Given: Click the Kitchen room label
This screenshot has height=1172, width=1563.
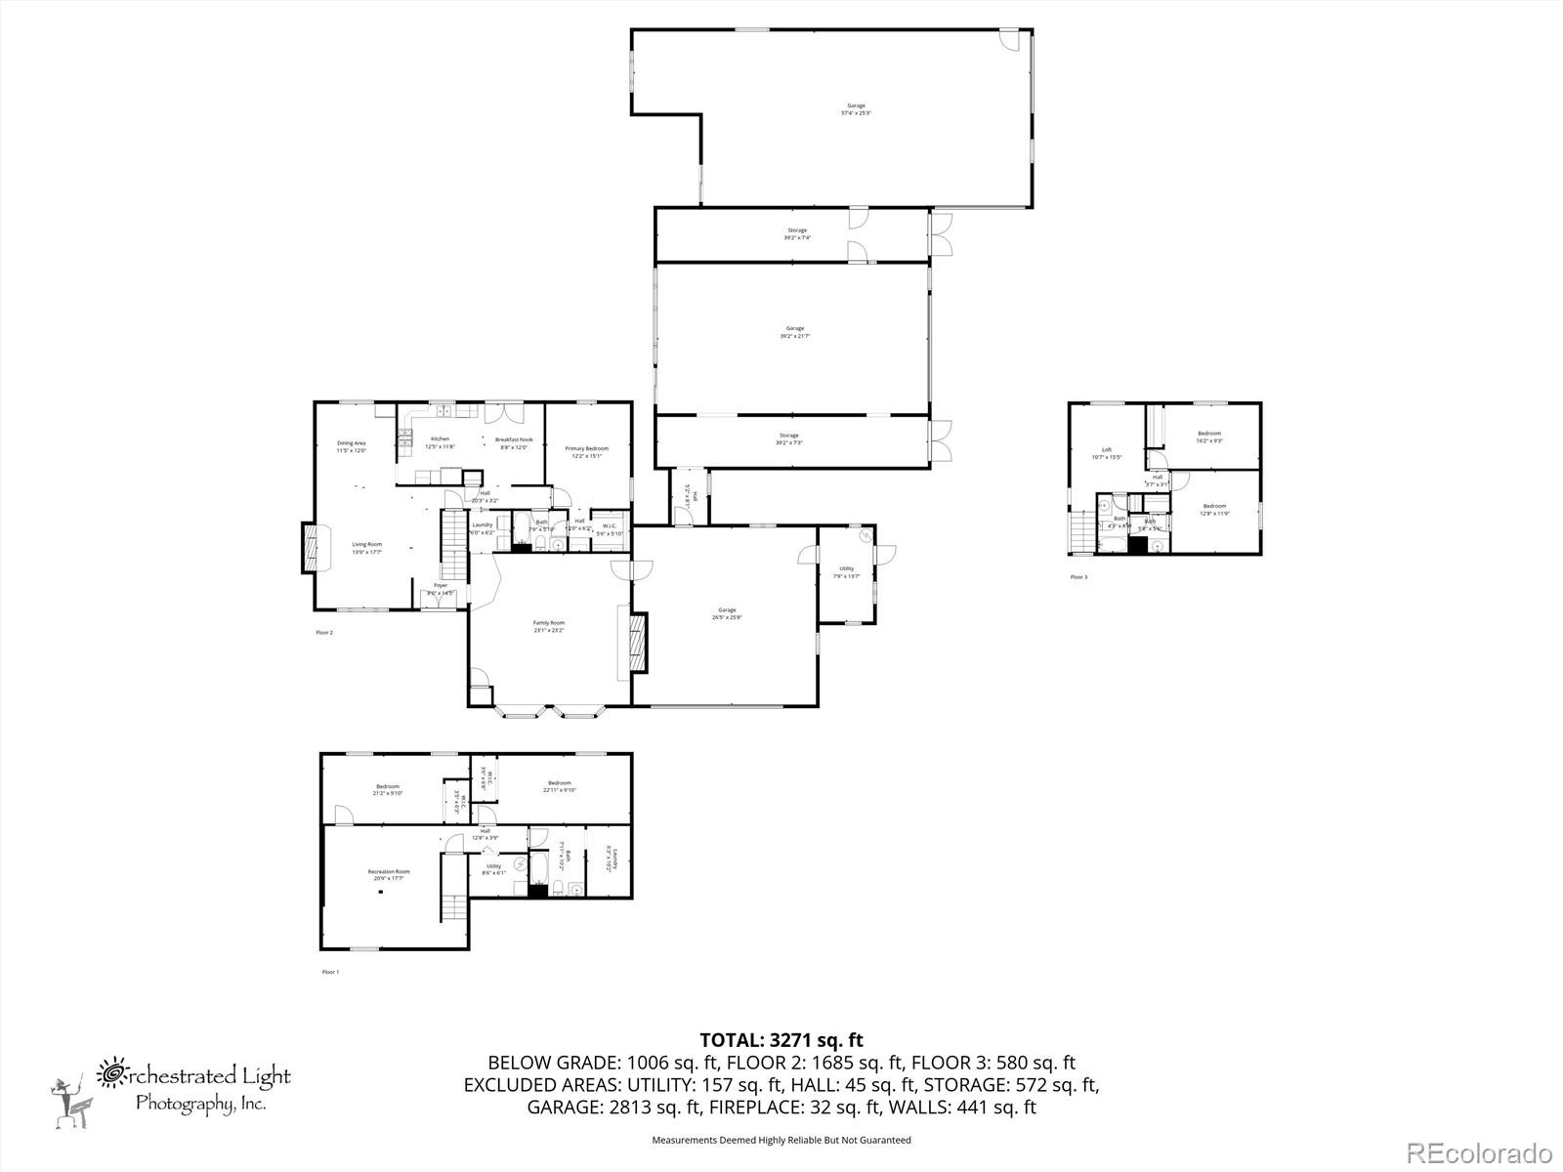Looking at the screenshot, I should point(440,442).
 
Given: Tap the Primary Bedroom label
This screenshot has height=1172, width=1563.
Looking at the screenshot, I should point(586,451).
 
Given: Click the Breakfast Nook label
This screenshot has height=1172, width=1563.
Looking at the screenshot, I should point(513,442).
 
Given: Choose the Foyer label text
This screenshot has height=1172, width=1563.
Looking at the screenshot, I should point(441,589).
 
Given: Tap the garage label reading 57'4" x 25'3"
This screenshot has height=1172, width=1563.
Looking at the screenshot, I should point(856,109).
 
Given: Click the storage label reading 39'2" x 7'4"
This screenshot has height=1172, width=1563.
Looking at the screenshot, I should point(797,234).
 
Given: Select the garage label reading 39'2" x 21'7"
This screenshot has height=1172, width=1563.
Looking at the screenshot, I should point(795,332).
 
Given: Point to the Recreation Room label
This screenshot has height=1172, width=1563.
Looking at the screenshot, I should point(388,874).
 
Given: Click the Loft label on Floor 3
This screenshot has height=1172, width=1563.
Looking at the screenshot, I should point(1106,453).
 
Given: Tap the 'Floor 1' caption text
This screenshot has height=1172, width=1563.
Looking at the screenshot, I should point(330,972).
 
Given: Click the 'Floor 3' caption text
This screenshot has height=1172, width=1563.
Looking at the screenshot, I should point(1078,577).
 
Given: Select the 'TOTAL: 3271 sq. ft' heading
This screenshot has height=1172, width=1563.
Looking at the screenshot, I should point(781,1040).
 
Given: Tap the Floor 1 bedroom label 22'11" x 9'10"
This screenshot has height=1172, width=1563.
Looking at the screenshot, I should point(559,786).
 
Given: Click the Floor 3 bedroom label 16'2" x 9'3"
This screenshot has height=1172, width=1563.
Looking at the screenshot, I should point(1209,437).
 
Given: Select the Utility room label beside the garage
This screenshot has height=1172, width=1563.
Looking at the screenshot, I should point(846,571).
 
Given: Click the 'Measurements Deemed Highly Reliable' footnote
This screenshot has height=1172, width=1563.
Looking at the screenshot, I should point(781,1140).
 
